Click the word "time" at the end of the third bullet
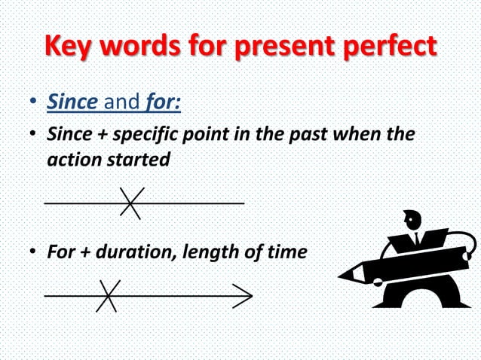click(x=287, y=252)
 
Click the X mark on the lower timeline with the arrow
click(x=108, y=295)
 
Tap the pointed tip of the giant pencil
click(x=344, y=276)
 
